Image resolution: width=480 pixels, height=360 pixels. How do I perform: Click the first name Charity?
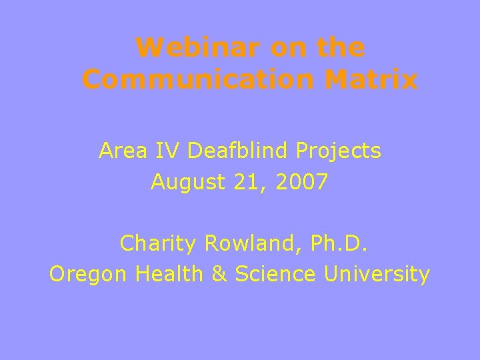click(158, 245)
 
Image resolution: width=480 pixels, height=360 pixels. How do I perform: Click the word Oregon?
click(89, 275)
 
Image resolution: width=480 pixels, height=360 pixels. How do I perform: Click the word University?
click(377, 275)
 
